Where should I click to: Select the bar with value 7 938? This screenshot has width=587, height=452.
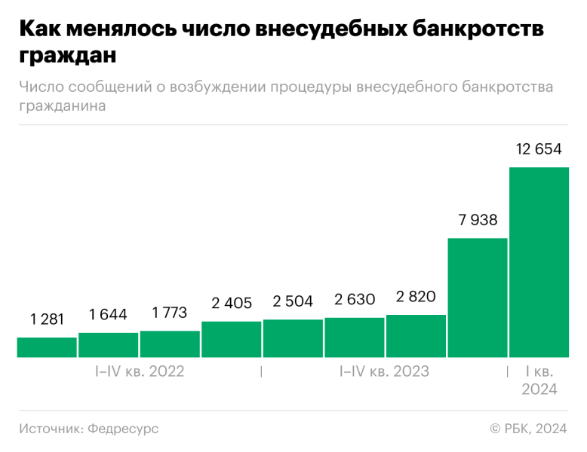pyautogui.click(x=477, y=298)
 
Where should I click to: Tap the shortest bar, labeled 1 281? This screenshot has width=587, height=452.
pyautogui.click(x=47, y=347)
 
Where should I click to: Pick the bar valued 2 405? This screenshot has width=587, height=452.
pyautogui.click(x=231, y=339)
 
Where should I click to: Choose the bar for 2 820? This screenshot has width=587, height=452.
pyautogui.click(x=416, y=336)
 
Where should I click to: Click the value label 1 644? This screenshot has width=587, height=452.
pyautogui.click(x=108, y=314)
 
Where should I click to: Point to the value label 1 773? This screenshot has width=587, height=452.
pyautogui.click(x=169, y=312)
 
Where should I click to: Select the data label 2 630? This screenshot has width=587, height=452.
pyautogui.click(x=354, y=300)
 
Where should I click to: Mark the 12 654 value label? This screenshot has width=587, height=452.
pyautogui.click(x=539, y=149)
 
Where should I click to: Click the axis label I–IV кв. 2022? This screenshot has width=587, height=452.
pyautogui.click(x=139, y=371)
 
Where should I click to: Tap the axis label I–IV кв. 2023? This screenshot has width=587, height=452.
pyautogui.click(x=384, y=371)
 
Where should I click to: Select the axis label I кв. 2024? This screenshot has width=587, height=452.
pyautogui.click(x=539, y=380)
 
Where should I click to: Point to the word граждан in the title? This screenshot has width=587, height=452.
pyautogui.click(x=69, y=56)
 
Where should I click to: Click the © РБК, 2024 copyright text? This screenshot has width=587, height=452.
pyautogui.click(x=528, y=429)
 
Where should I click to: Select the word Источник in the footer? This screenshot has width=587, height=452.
pyautogui.click(x=51, y=429)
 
